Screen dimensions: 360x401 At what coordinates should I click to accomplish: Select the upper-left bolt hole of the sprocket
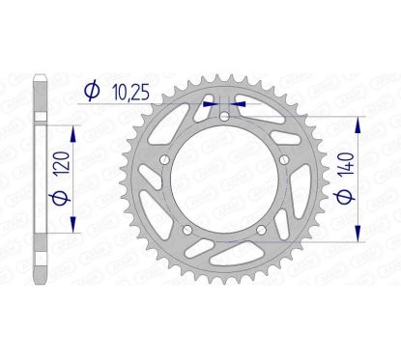[166, 159]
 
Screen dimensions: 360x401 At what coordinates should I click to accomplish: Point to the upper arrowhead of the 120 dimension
[72, 129]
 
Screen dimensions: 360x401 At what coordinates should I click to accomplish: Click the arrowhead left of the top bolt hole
[208, 99]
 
